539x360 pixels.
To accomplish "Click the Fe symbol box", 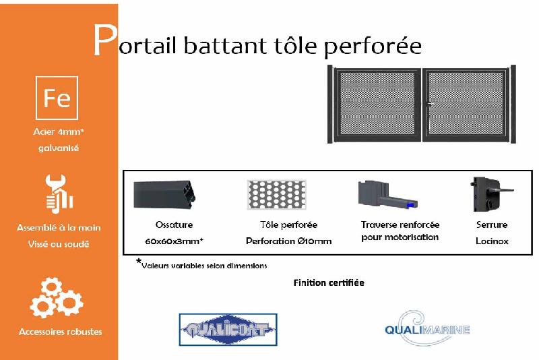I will click(x=57, y=98).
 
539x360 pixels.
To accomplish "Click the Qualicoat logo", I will click(x=228, y=330).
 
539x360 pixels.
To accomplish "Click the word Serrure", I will click(x=492, y=224).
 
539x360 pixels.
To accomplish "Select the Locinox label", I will click(x=492, y=241).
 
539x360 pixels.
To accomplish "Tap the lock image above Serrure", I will click(x=490, y=194).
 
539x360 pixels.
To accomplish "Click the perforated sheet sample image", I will click(x=277, y=194).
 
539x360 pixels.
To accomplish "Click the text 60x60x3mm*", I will click(x=175, y=241).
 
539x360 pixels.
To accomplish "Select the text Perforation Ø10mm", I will click(x=288, y=241).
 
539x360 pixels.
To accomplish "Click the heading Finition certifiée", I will click(x=329, y=282).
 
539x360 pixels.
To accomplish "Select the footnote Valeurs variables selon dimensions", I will click(x=204, y=266).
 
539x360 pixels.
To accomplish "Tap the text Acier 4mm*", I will click(x=59, y=132).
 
